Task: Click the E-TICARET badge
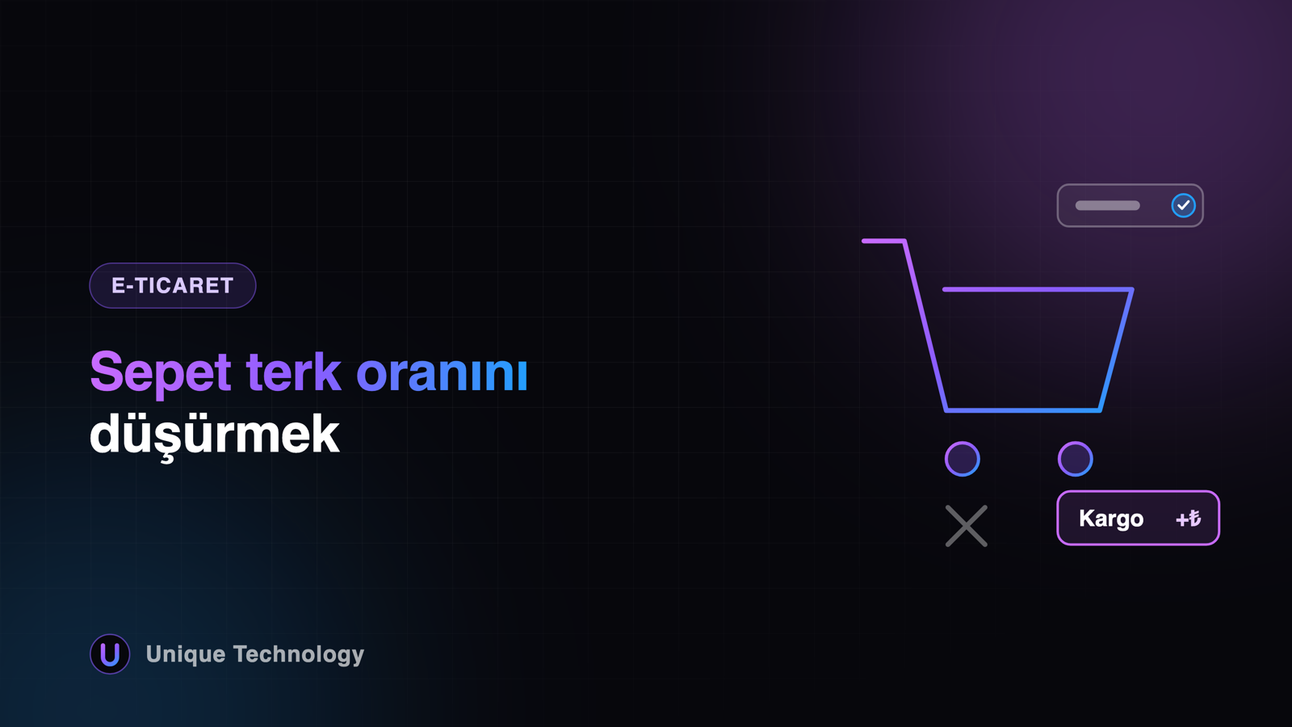click(x=173, y=286)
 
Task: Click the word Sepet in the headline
click(x=161, y=373)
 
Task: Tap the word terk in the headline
click(x=293, y=372)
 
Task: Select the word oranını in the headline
click(x=442, y=373)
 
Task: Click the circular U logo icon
click(x=110, y=653)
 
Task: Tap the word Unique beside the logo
click(x=186, y=655)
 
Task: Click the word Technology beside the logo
click(x=299, y=655)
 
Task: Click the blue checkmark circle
click(x=1183, y=205)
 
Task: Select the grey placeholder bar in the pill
click(x=1107, y=205)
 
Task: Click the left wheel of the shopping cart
click(x=962, y=459)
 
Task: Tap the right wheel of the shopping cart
click(x=1075, y=459)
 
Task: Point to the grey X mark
click(x=967, y=526)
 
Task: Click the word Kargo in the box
click(x=1111, y=519)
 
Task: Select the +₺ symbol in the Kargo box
click(x=1188, y=519)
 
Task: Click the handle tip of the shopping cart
click(x=864, y=241)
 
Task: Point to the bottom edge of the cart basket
click(x=1023, y=410)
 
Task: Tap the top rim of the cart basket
click(x=1038, y=290)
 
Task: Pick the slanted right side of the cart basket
click(x=1116, y=351)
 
